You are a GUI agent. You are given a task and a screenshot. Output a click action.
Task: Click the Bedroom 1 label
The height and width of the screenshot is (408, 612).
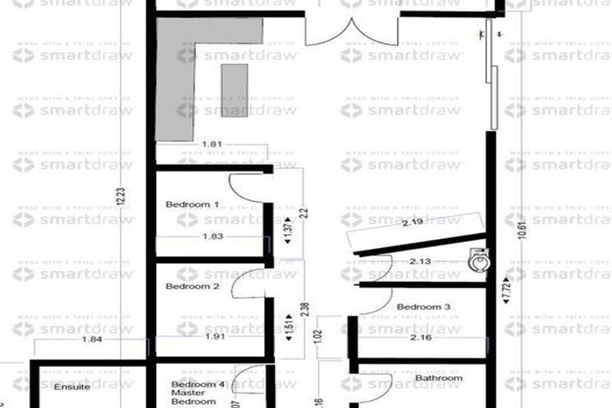tap(192, 205)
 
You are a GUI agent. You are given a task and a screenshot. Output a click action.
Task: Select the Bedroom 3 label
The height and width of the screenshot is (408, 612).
tap(424, 307)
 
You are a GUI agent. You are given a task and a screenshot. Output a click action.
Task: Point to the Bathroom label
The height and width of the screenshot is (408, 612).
tap(438, 378)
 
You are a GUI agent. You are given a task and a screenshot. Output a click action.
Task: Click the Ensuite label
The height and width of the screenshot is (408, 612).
tap(71, 387)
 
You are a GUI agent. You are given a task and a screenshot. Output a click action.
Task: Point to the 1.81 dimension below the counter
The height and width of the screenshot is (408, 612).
tap(211, 144)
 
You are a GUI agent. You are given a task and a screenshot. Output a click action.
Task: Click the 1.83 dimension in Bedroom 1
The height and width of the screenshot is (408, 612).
tap(212, 237)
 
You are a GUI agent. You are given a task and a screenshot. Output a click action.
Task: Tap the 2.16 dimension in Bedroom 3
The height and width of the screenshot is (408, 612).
tap(422, 338)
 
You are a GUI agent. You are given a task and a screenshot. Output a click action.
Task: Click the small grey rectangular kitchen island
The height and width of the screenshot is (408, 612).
tap(234, 91)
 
